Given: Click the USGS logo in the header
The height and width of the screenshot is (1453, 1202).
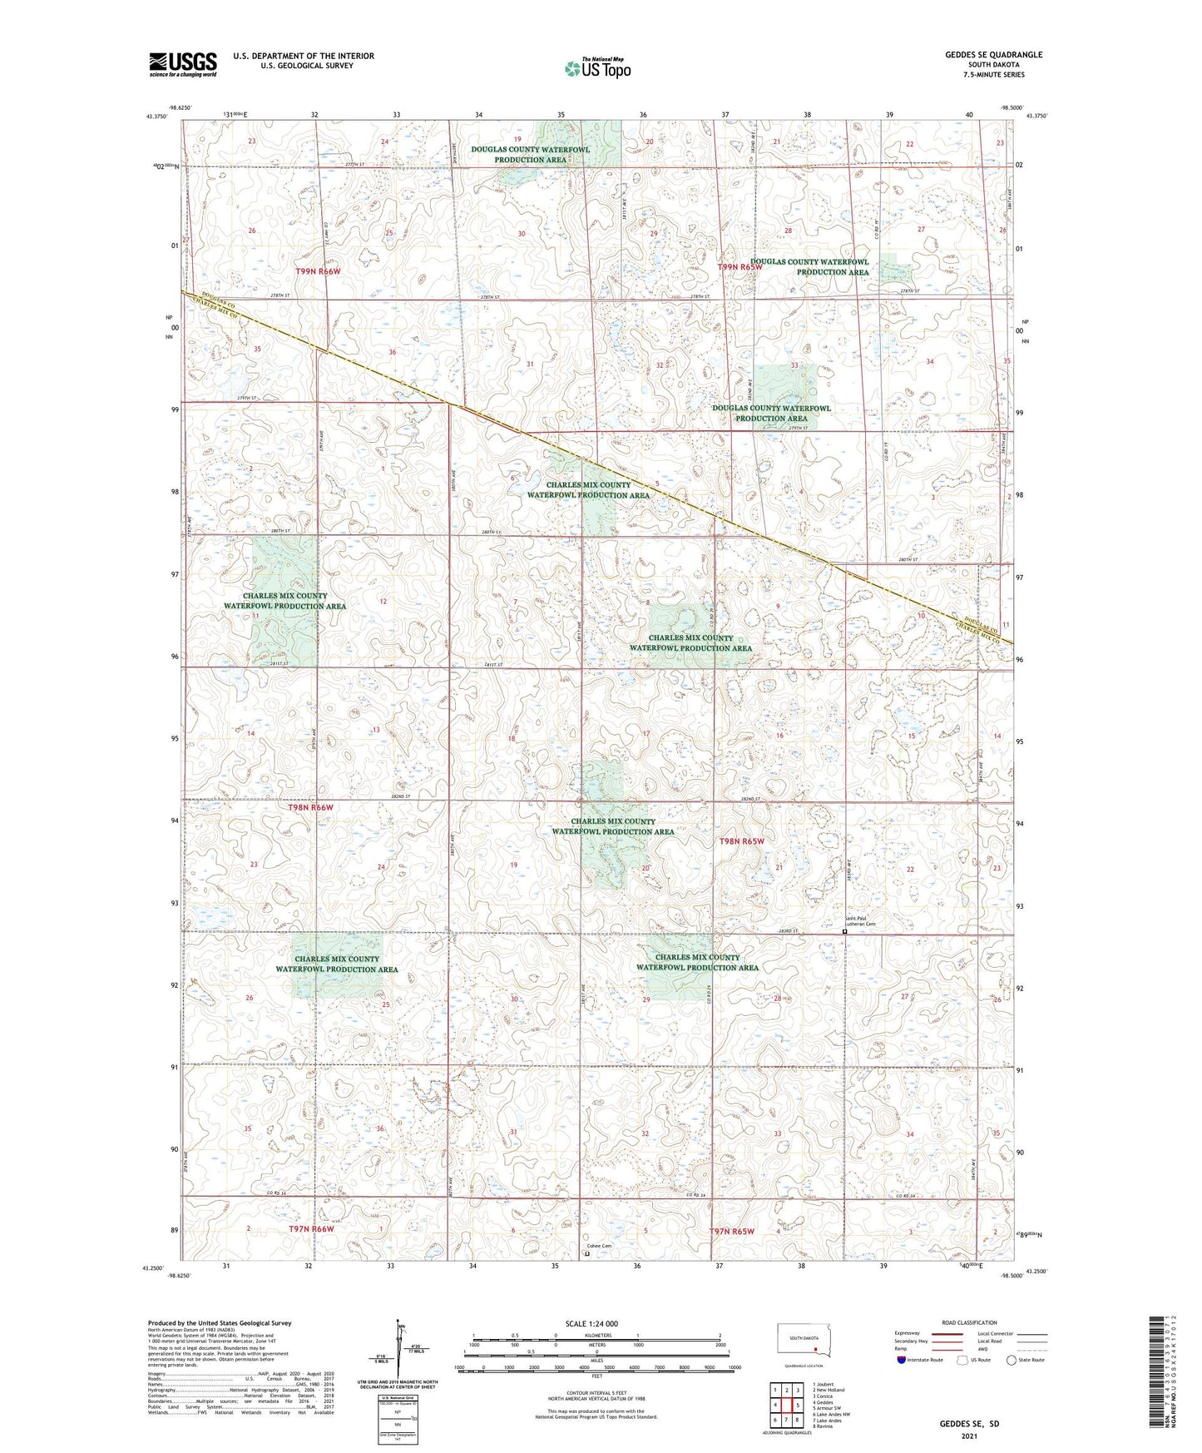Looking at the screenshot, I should click(182, 64).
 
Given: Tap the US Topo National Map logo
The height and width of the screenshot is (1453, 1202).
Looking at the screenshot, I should click(596, 67).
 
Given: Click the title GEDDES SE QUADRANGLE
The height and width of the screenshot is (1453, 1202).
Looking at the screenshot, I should click(993, 55).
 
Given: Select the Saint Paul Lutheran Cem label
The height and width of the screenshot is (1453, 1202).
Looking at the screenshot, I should click(860, 921).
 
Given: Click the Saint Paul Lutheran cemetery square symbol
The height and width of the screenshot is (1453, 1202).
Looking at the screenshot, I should click(845, 932).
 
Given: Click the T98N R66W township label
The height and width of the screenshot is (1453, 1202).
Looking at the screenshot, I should click(310, 807).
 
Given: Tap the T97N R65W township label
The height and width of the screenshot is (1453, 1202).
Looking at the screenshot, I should click(731, 1231).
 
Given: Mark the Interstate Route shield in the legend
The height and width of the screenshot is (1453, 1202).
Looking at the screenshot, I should click(902, 1360).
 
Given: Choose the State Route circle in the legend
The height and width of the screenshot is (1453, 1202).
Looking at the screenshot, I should click(1012, 1360).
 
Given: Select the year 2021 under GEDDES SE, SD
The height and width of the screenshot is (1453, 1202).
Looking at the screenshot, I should click(969, 1436).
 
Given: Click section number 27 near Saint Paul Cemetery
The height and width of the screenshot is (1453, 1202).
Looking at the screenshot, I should click(904, 996).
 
